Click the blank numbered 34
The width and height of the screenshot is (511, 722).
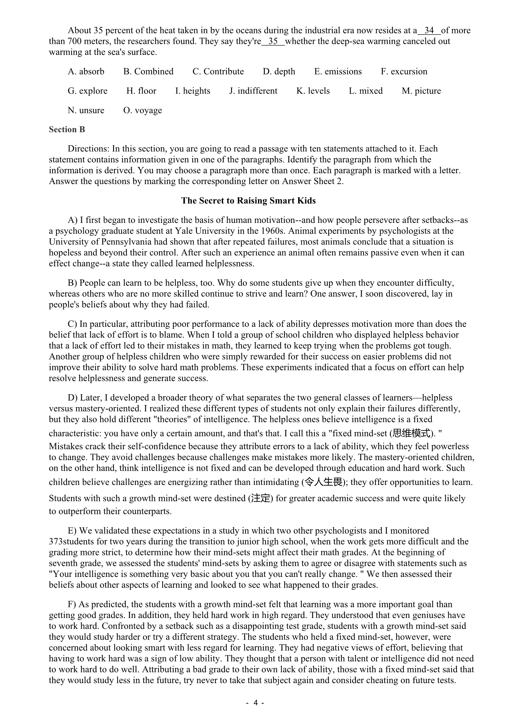[429, 31]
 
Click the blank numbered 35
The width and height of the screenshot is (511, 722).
[273, 41]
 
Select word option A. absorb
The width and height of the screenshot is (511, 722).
[86, 71]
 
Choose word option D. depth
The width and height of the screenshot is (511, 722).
[279, 71]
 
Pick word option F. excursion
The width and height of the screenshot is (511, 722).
[404, 71]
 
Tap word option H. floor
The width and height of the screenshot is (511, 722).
[141, 91]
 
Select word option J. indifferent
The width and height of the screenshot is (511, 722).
[253, 91]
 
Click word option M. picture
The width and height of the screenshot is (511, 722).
[421, 91]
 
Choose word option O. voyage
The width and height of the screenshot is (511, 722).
[142, 111]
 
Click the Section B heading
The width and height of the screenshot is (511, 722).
[67, 130]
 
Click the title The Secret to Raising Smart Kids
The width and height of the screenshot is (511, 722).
[248, 201]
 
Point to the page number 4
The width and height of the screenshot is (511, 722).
[255, 702]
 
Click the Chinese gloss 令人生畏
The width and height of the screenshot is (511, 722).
[323, 482]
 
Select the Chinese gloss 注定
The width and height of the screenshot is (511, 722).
[260, 499]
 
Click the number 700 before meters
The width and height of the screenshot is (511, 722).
[69, 41]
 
